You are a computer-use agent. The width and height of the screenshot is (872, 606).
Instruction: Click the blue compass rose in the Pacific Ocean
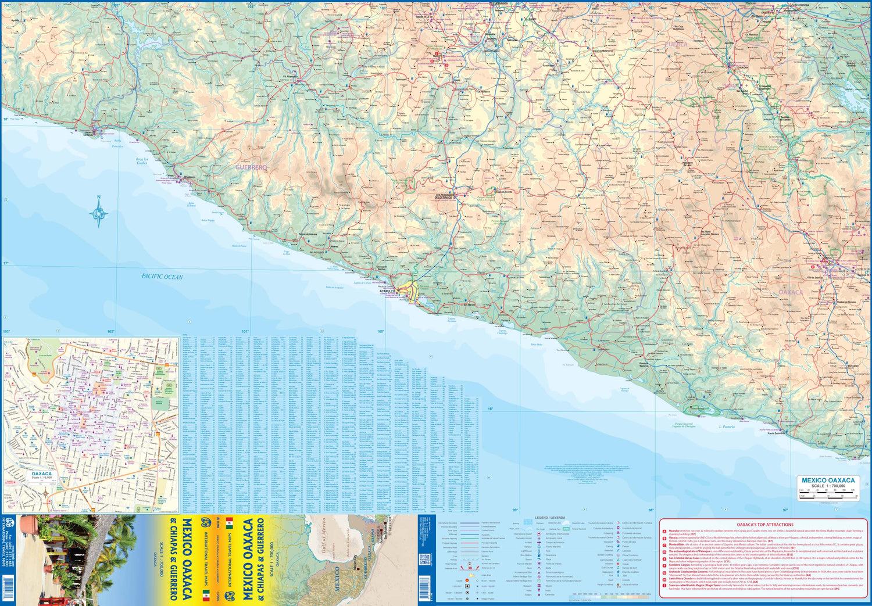pyautogui.click(x=99, y=212)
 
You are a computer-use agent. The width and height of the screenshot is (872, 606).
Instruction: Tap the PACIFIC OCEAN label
pyautogui.click(x=162, y=277)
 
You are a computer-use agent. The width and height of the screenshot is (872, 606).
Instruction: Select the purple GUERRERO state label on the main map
pyautogui.click(x=251, y=167)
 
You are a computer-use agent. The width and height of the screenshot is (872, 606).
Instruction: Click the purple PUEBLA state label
pyautogui.click(x=676, y=44)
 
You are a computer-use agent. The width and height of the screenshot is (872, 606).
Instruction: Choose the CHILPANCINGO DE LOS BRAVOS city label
pyautogui.click(x=447, y=196)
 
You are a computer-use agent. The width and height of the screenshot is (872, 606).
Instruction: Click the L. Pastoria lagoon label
pyautogui.click(x=727, y=426)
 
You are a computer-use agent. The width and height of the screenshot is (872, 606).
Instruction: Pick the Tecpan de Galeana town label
pyautogui.click(x=308, y=234)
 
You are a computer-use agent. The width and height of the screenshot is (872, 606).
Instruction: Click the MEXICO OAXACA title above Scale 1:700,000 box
pyautogui.click(x=828, y=480)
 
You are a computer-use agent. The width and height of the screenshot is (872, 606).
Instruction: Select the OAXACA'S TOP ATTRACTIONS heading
pyautogui.click(x=764, y=524)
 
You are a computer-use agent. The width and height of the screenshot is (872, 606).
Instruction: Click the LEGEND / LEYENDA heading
pyautogui.click(x=549, y=517)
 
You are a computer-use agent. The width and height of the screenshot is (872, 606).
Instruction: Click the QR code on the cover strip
pyautogui.click(x=424, y=560)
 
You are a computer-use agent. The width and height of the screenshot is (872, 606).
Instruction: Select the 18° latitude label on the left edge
pyautogui.click(x=6, y=119)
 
